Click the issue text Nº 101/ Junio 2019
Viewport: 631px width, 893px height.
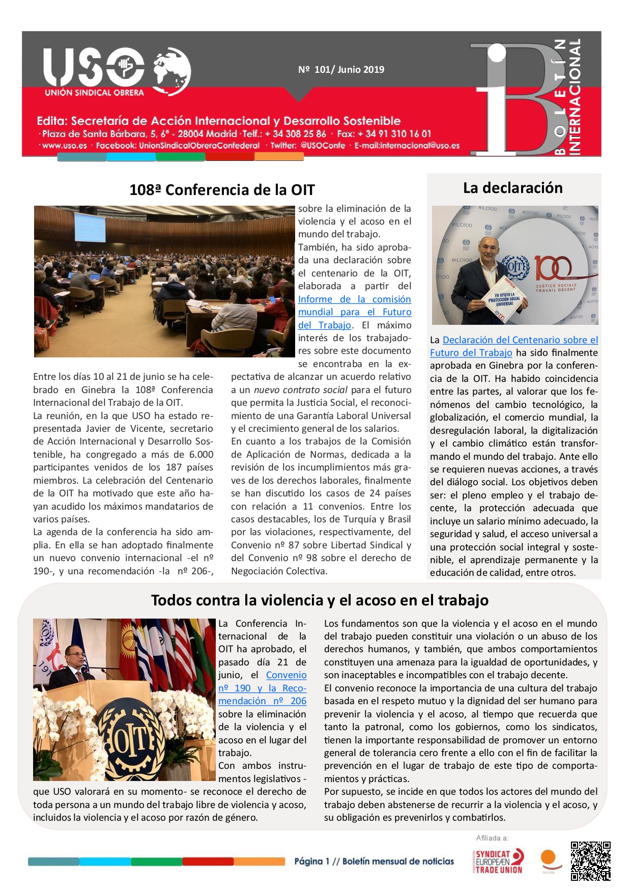341,70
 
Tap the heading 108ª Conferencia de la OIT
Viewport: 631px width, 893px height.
222,190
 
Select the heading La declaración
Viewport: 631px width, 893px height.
512,188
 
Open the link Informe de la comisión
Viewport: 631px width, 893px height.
354,299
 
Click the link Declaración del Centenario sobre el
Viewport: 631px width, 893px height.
520,340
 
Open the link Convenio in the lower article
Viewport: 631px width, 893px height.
286,675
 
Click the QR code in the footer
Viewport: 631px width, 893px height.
590,861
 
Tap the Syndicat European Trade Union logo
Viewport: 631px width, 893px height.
498,861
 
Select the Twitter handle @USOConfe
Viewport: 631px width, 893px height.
323,146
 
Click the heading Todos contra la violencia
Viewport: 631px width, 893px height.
320,600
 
